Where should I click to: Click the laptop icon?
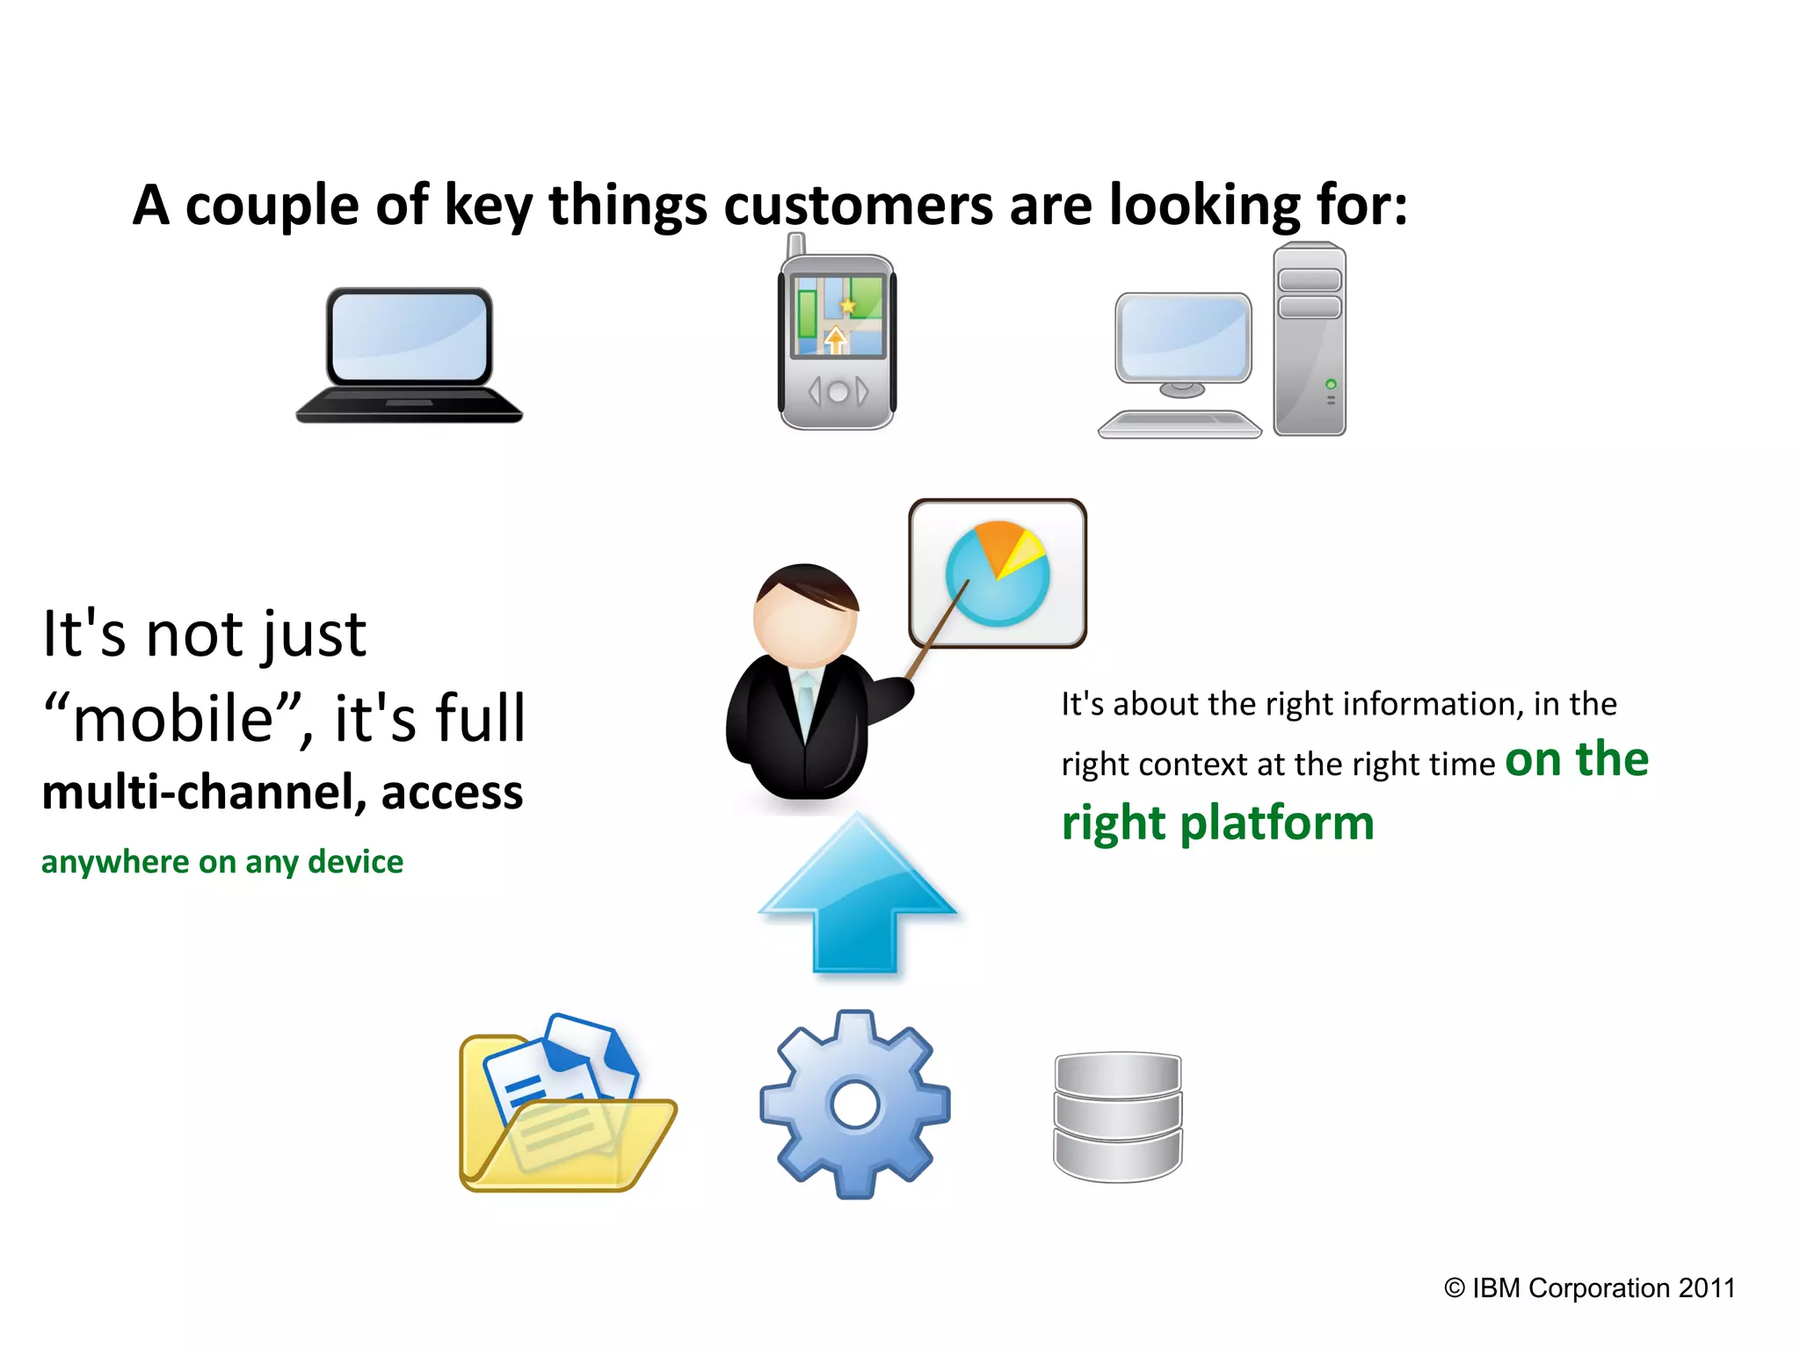pos(409,356)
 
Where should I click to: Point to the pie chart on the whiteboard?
pos(998,573)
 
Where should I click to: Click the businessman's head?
pos(805,615)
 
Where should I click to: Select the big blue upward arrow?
pos(857,896)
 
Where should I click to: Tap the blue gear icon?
pos(855,1105)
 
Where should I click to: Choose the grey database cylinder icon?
pos(1118,1116)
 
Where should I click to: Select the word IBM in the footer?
pos(1496,1288)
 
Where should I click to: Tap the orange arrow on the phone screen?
pos(835,339)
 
